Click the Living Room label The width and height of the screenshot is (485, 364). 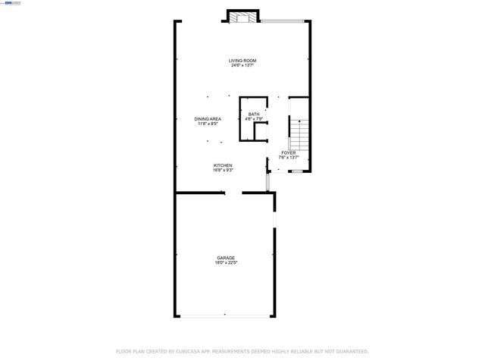click(243, 61)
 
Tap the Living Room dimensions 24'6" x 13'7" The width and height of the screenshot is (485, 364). click(243, 66)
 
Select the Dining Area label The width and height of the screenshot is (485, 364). click(207, 119)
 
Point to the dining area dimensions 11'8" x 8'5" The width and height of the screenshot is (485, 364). click(207, 124)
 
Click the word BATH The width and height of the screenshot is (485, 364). click(253, 115)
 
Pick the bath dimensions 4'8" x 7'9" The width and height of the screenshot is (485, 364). click(253, 119)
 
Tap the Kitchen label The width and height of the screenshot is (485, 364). click(222, 165)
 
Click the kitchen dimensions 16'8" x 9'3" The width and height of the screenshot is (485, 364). click(222, 171)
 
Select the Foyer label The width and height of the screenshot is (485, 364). click(288, 152)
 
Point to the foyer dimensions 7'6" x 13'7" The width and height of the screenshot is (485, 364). click(288, 158)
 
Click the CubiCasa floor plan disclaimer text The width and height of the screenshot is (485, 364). click(242, 351)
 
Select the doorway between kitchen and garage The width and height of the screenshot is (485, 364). click(233, 193)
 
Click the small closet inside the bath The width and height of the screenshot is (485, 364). click(261, 133)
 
